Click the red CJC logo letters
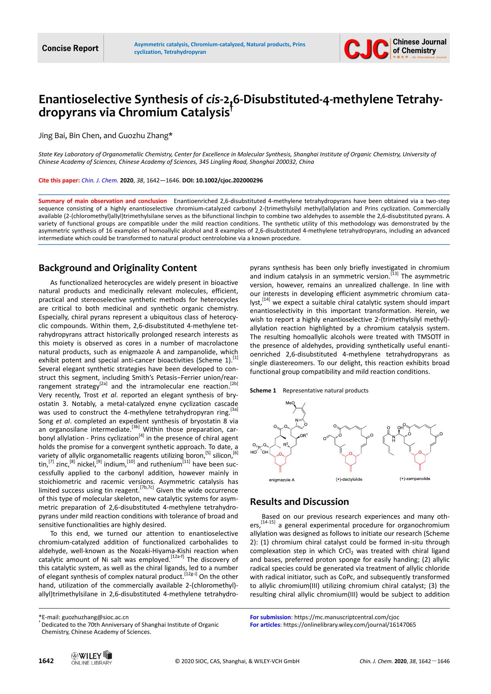(x=366, y=49)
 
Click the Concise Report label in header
(x=70, y=48)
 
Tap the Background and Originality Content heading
(x=118, y=268)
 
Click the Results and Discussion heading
(x=300, y=502)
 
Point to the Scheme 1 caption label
(x=263, y=391)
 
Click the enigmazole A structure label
(x=282, y=480)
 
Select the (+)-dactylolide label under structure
(x=349, y=480)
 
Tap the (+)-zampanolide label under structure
(x=415, y=479)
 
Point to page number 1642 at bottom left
(x=46, y=661)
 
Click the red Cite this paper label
(x=59, y=180)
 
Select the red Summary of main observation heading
(x=102, y=201)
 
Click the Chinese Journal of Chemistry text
(x=419, y=46)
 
